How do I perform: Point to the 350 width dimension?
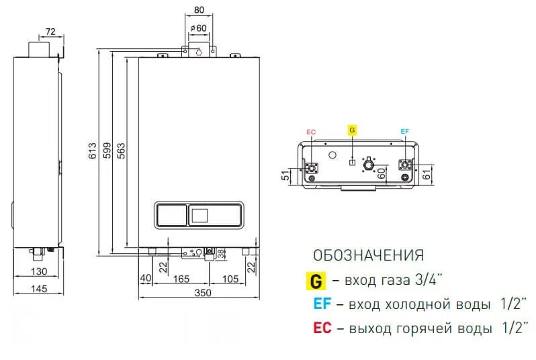pyautogui.click(x=202, y=293)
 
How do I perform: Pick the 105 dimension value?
pyautogui.click(x=230, y=279)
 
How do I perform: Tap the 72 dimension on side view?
pyautogui.click(x=51, y=31)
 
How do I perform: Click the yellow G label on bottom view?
pyautogui.click(x=352, y=130)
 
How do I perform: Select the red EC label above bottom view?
pyautogui.click(x=310, y=132)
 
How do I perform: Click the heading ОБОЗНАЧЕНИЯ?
pyautogui.click(x=368, y=256)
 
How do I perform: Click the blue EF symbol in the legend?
pyautogui.click(x=322, y=304)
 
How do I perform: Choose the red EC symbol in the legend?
pyautogui.click(x=322, y=329)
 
